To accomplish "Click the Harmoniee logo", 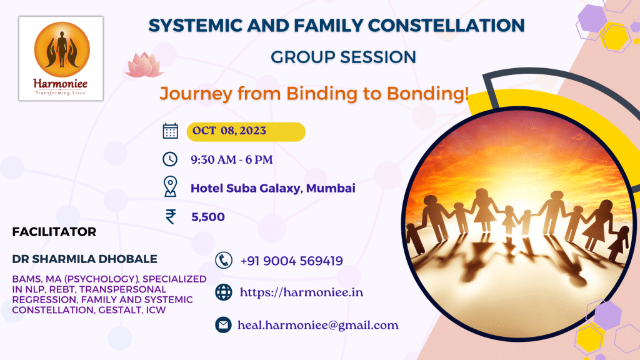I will click(61, 58).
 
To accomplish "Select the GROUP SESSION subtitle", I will click(343, 57).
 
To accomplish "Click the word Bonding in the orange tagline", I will click(426, 94).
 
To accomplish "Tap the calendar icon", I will click(170, 131).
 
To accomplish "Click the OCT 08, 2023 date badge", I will click(246, 131).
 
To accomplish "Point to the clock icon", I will click(170, 159).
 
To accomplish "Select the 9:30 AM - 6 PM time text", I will click(231, 159).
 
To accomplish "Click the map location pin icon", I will click(170, 187).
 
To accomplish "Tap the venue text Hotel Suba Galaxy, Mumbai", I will click(272, 187).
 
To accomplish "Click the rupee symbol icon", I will click(170, 216).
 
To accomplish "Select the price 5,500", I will click(208, 217).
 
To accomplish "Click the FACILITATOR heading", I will click(54, 232).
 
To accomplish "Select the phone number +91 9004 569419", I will click(291, 261).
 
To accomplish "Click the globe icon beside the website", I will click(223, 292).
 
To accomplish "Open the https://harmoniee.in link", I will click(301, 292).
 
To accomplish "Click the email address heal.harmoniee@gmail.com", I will click(318, 325).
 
